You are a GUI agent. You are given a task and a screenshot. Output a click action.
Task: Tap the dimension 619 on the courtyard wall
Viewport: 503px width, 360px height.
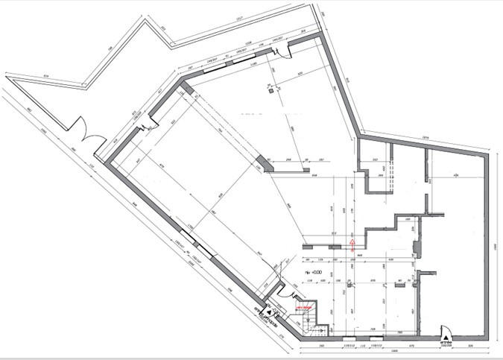(45, 78)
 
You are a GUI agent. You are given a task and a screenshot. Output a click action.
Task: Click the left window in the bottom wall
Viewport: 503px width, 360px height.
(349, 339)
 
